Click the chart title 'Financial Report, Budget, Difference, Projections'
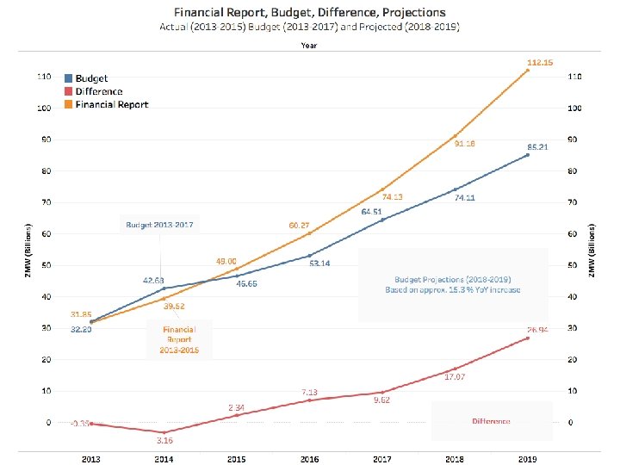(x=309, y=12)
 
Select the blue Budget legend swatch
(x=69, y=78)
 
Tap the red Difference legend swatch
(x=69, y=91)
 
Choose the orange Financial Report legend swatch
(x=69, y=104)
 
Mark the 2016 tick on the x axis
(x=309, y=459)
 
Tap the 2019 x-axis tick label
(x=528, y=459)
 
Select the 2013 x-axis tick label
(x=90, y=459)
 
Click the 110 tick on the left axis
(x=43, y=77)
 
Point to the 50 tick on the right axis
(x=574, y=265)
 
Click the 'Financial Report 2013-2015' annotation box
(x=178, y=340)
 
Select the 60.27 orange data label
(x=299, y=225)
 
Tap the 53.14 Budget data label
(x=319, y=263)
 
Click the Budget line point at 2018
(x=455, y=189)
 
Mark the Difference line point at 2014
(x=164, y=432)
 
